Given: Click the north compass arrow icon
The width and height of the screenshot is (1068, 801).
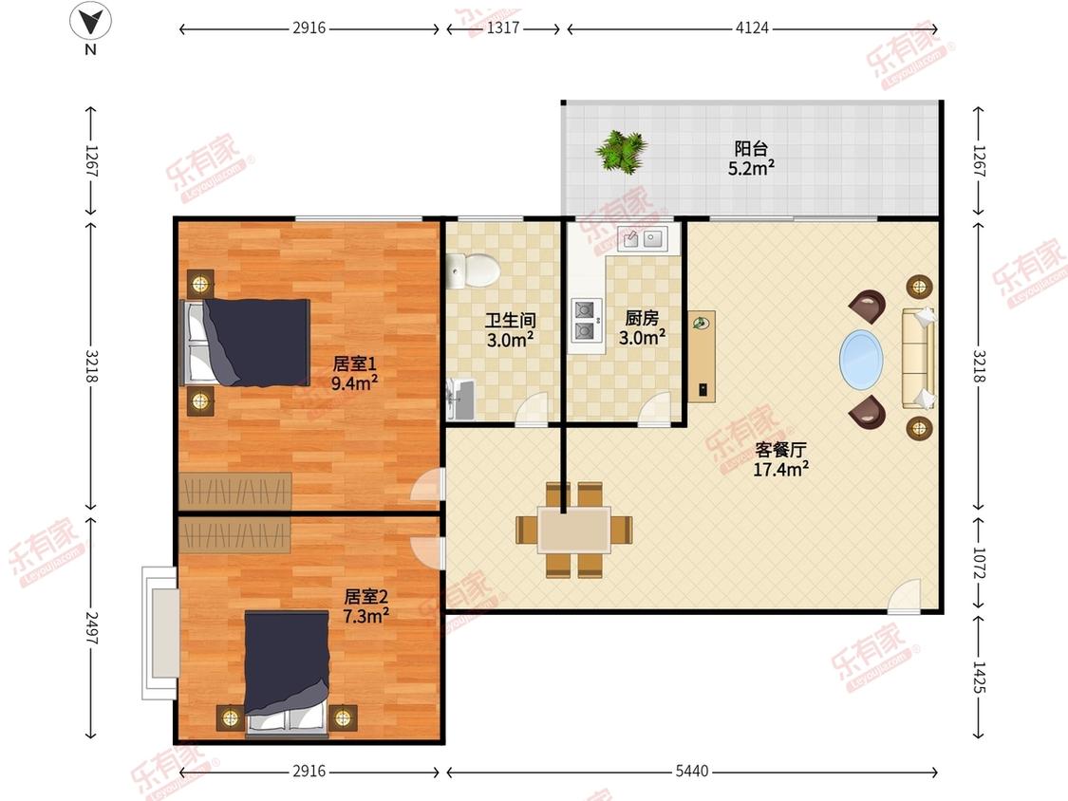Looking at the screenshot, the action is (x=90, y=22).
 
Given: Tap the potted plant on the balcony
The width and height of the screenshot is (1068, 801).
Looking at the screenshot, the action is (x=621, y=151).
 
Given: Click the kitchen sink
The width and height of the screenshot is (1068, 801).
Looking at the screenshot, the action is (x=643, y=239).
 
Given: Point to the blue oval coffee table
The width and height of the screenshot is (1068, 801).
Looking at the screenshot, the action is (x=861, y=360).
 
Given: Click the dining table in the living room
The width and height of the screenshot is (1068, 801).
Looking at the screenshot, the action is (x=574, y=530).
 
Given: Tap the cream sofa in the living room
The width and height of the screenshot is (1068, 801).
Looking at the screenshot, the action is (x=917, y=359).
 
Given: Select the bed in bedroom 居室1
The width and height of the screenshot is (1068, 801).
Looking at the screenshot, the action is (x=245, y=343).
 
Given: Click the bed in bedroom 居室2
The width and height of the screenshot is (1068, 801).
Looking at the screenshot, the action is (x=287, y=672).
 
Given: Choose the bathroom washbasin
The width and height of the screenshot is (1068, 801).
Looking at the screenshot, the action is (x=459, y=400).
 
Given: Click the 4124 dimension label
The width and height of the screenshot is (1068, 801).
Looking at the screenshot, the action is (x=752, y=28).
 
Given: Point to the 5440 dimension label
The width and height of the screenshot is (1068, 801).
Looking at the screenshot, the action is (x=692, y=771).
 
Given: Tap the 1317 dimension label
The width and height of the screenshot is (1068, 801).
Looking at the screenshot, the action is (x=503, y=28).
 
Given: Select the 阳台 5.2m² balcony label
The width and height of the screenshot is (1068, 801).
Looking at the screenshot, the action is (x=751, y=158).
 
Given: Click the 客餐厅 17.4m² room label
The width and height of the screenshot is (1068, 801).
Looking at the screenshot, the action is (x=780, y=459).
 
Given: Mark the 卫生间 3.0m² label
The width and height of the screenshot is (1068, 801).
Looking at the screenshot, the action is (x=510, y=329).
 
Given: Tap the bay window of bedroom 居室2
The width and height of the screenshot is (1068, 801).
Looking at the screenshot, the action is (x=159, y=632).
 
